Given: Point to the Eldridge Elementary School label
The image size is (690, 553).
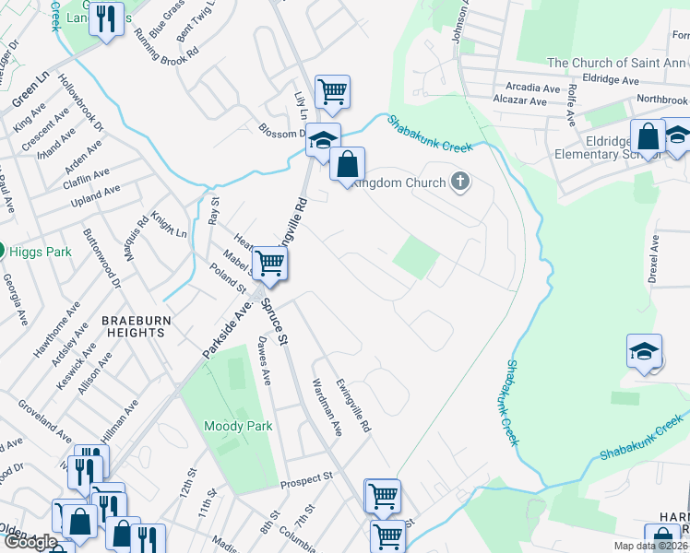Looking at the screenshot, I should (x=599, y=148).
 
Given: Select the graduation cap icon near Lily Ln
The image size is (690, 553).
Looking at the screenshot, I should (x=323, y=140).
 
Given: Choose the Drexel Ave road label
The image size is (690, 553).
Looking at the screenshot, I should (x=654, y=260).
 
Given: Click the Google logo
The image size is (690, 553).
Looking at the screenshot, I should (x=30, y=543).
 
